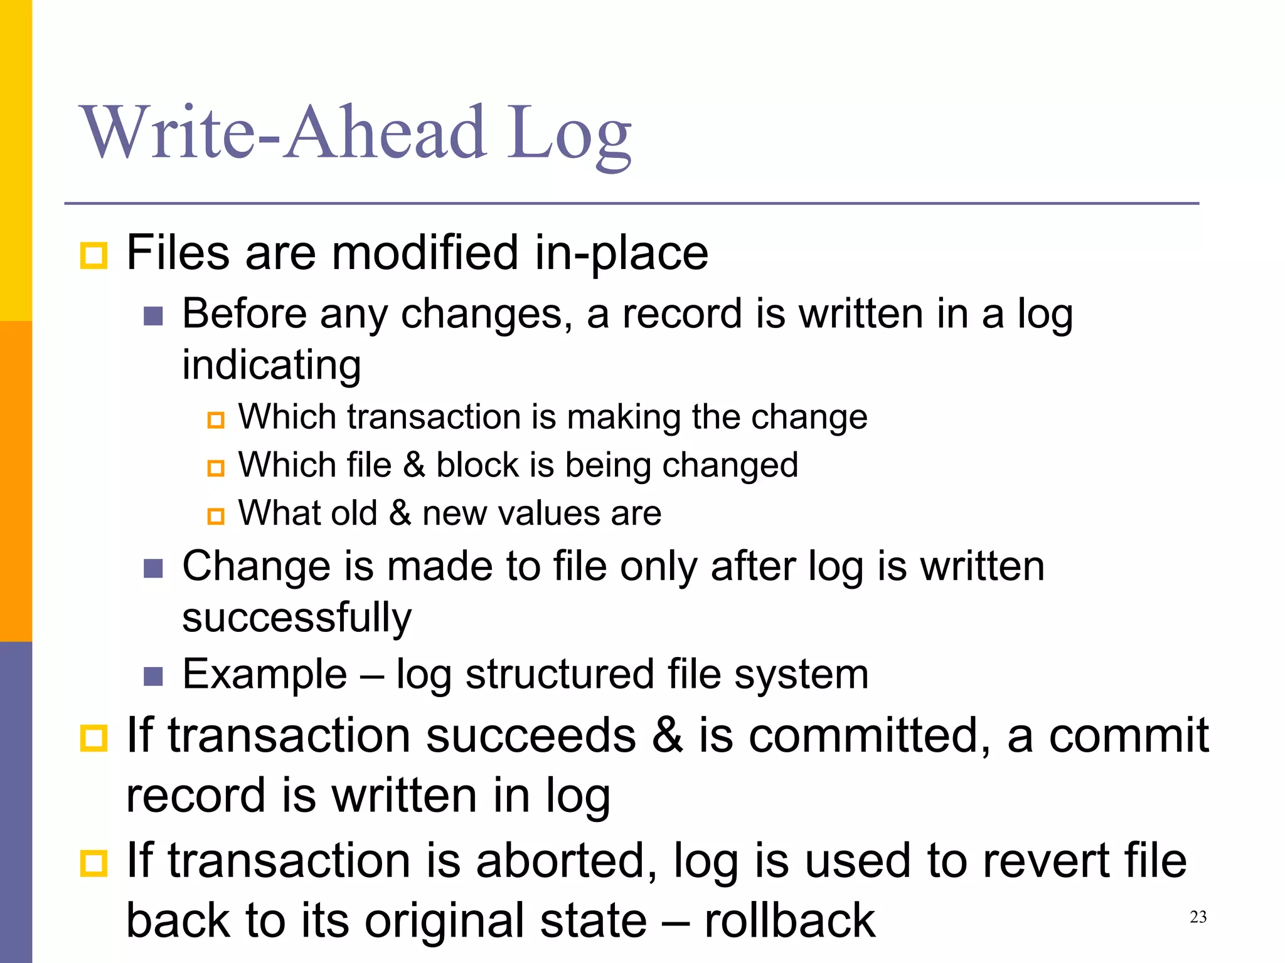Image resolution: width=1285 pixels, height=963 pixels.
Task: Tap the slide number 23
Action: (1198, 917)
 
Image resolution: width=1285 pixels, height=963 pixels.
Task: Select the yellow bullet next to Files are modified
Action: (94, 256)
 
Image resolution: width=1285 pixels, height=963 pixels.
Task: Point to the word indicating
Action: (271, 365)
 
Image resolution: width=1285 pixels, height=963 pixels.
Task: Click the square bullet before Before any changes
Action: (153, 316)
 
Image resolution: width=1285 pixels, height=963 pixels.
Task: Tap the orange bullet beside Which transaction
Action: (216, 419)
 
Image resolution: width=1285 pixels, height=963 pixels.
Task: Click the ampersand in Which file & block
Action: (413, 465)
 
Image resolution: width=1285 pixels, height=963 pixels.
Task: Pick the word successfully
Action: (297, 618)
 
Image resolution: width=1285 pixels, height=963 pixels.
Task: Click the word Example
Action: (264, 675)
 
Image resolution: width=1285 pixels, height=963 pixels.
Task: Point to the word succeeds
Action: (531, 735)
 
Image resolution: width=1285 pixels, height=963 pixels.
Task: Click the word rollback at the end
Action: (789, 921)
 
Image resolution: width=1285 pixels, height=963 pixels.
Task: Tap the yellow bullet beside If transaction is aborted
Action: (94, 863)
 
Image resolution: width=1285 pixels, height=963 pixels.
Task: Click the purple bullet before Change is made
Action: (153, 569)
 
